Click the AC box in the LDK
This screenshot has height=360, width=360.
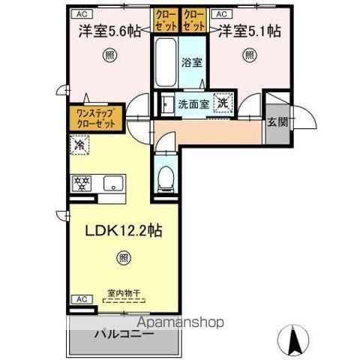(80, 299)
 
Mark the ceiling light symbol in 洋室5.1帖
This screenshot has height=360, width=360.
(249, 54)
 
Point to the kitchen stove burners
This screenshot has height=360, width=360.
(80, 182)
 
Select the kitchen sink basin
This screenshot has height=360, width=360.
(115, 182)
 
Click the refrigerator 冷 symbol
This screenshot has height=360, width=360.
(79, 144)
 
